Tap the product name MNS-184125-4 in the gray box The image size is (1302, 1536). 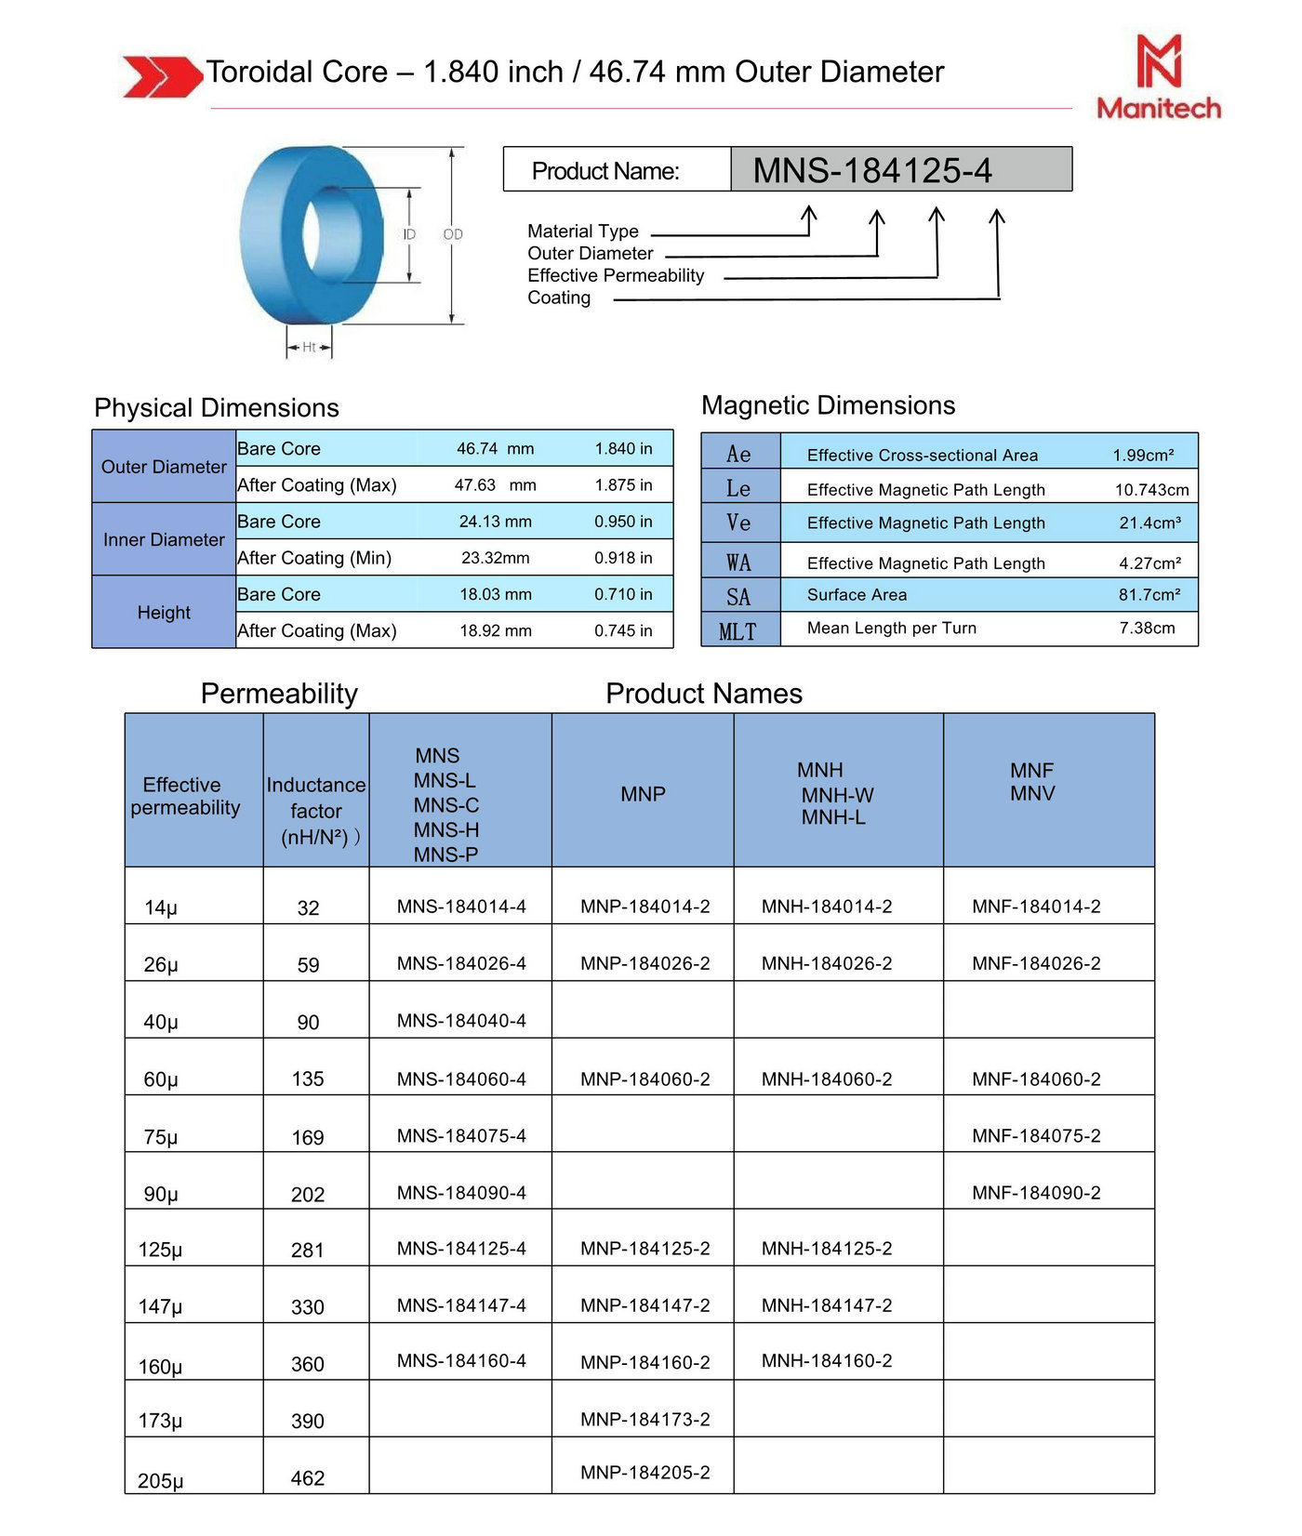click(x=871, y=170)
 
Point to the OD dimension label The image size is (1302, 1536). click(x=453, y=234)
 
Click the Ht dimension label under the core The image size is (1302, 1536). click(x=309, y=348)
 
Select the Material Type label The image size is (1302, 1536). click(x=582, y=231)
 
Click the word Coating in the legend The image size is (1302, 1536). click(x=558, y=298)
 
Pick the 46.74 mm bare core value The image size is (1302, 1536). click(x=495, y=448)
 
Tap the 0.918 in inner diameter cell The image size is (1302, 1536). click(x=623, y=558)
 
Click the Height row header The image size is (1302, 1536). click(x=164, y=612)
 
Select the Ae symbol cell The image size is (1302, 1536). click(x=739, y=454)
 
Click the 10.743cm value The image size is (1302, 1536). click(x=1151, y=490)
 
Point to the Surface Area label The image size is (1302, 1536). click(x=857, y=595)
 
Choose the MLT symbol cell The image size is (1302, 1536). click(x=738, y=631)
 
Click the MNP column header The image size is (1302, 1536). click(x=643, y=794)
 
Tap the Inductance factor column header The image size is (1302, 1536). click(x=316, y=810)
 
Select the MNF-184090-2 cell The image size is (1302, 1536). click(x=1036, y=1193)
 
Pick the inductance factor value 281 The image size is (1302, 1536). click(x=308, y=1251)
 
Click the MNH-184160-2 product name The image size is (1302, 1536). click(x=827, y=1361)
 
